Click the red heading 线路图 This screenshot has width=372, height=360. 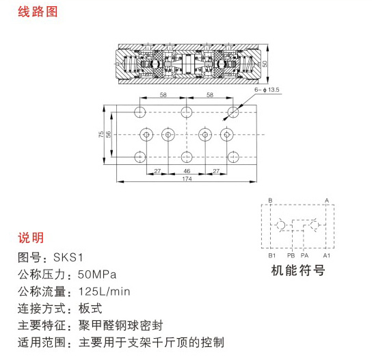pos(38,12)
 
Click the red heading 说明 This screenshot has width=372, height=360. pos(31,237)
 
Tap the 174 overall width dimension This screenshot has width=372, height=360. pos(187,179)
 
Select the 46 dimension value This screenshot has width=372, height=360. pos(187,170)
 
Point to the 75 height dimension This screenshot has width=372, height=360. pos(101,134)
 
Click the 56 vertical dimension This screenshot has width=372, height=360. pos(108,134)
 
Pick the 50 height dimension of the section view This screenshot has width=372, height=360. pos(265,64)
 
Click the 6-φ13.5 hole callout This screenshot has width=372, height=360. pos(267,90)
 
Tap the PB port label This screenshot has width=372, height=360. pos(291,255)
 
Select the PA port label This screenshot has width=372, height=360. pos(304,255)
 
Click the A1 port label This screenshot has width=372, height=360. pos(326,255)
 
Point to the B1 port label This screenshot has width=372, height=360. pos(272,255)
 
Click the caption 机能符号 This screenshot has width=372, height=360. pos(298,270)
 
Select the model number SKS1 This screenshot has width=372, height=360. pos(68,257)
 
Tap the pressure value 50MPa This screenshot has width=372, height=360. pos(97,274)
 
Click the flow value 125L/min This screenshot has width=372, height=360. pos(104,292)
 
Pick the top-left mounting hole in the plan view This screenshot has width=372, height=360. pos(140,112)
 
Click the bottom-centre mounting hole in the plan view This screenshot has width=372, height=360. pos(187,157)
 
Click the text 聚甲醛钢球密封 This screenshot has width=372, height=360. pos(121,326)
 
